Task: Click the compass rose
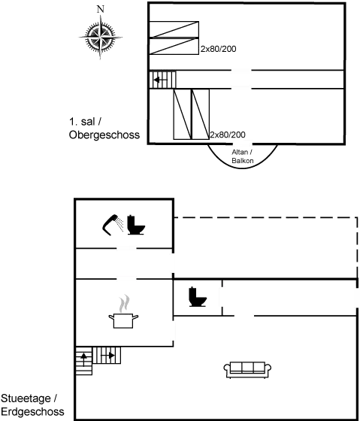point(101,37)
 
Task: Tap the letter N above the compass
point(101,9)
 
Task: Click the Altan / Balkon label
point(243,156)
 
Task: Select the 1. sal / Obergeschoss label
point(104,128)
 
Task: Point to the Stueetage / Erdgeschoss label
point(32,405)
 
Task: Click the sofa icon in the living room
point(247,370)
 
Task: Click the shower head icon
point(113,224)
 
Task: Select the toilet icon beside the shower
point(136,225)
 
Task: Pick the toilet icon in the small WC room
point(198,297)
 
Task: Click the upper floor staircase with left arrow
point(162,80)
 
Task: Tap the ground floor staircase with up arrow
point(83,361)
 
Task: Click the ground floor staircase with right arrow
point(107,356)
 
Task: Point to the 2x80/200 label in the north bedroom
point(218,49)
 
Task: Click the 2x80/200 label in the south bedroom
point(228,135)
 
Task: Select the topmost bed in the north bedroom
point(174,29)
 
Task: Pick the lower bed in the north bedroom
point(174,46)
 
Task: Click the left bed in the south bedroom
point(183,114)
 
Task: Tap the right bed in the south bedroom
point(200,114)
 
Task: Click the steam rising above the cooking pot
point(124,304)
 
